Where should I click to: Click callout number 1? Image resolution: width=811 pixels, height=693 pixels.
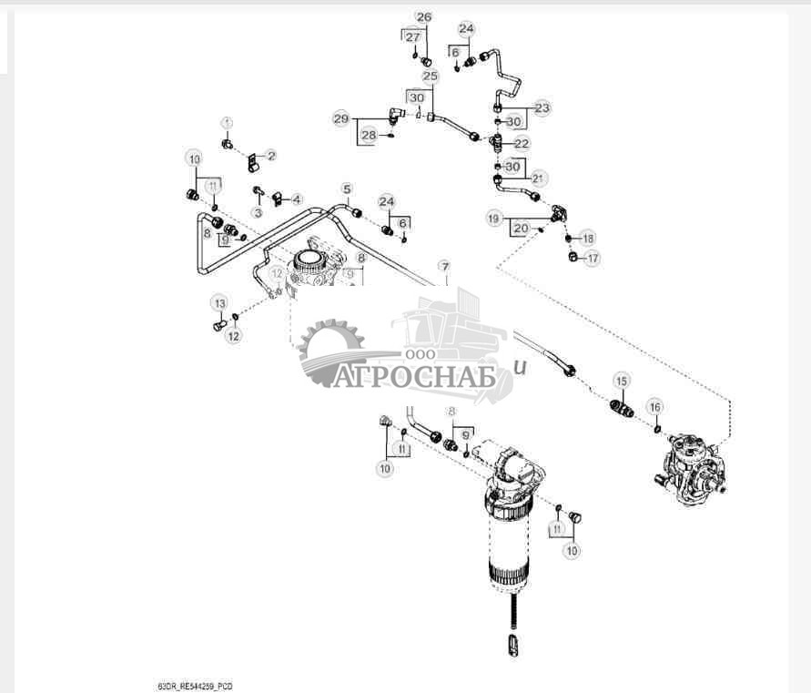coord(228,122)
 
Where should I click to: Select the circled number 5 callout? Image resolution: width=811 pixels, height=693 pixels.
coord(347,189)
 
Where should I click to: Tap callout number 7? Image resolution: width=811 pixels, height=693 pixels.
coord(443,266)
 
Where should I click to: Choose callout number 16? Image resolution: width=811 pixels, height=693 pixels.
coord(655,406)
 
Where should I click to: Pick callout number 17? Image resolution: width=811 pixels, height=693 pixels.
coord(593,259)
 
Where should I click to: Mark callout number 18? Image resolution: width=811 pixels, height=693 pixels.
coord(588,238)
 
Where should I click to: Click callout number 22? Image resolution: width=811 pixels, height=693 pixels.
coord(522,144)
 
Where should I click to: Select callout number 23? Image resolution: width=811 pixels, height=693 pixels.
coord(542,107)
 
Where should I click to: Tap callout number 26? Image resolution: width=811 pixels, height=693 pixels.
coord(424,17)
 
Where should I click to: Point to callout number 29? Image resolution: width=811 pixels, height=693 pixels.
coord(340,119)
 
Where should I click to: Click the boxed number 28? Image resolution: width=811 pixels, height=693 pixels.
coord(368,135)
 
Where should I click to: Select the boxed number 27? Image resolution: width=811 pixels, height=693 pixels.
coord(413,36)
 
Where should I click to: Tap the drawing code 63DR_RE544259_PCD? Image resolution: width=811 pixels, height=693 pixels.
coord(196,685)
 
